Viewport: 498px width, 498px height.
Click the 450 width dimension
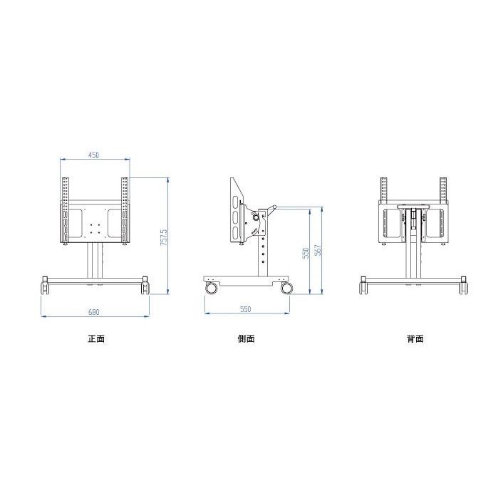tap(94, 155)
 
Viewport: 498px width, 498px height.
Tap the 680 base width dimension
tap(94, 312)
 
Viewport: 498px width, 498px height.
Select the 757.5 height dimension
tap(164, 237)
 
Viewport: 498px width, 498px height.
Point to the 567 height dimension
tap(318, 250)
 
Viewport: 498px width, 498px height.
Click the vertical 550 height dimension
tap(306, 253)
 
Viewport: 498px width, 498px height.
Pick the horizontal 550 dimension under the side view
tap(246, 309)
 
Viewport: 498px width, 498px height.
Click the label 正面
tap(96, 338)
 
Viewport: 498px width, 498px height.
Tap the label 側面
tap(246, 338)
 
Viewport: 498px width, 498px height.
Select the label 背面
tap(415, 338)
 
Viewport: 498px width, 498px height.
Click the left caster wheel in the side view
tap(211, 288)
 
